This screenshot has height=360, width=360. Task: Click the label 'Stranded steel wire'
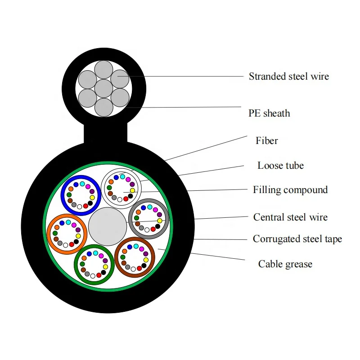click(x=288, y=76)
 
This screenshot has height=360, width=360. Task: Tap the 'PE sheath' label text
click(x=269, y=113)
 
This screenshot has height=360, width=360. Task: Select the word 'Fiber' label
click(x=267, y=141)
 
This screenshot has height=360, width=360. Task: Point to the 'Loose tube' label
click(x=280, y=166)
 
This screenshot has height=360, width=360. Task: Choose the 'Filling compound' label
click(x=290, y=190)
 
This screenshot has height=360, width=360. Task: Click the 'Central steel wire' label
click(x=290, y=217)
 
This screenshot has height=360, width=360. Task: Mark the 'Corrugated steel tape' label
click(x=297, y=239)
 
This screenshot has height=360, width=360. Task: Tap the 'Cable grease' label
click(x=285, y=264)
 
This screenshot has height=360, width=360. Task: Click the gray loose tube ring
click(x=131, y=219)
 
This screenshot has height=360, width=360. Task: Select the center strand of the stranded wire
click(x=103, y=88)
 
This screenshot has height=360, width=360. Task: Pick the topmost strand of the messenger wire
click(x=103, y=70)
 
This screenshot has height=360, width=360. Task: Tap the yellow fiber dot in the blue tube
click(x=92, y=197)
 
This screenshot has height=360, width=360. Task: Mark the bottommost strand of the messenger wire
click(x=103, y=107)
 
